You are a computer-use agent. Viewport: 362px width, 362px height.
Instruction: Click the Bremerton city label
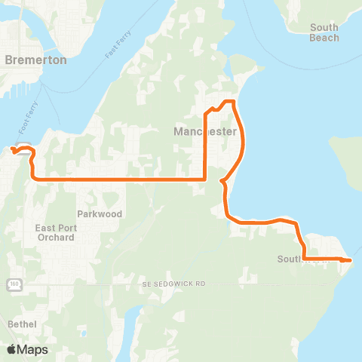35,59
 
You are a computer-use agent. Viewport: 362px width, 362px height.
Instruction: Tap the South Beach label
324,32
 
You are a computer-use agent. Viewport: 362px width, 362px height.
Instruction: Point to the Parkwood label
99,214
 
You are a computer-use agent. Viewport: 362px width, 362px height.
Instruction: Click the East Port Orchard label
54,232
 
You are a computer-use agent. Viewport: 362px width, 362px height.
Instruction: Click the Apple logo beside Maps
12,349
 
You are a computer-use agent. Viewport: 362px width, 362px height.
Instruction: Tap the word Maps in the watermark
32,349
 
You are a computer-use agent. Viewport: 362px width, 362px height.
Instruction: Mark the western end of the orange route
14,151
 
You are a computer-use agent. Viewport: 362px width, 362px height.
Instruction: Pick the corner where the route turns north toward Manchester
205,179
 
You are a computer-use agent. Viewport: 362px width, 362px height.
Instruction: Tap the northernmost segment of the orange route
228,101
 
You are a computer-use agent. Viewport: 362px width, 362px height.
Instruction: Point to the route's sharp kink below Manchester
222,181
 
